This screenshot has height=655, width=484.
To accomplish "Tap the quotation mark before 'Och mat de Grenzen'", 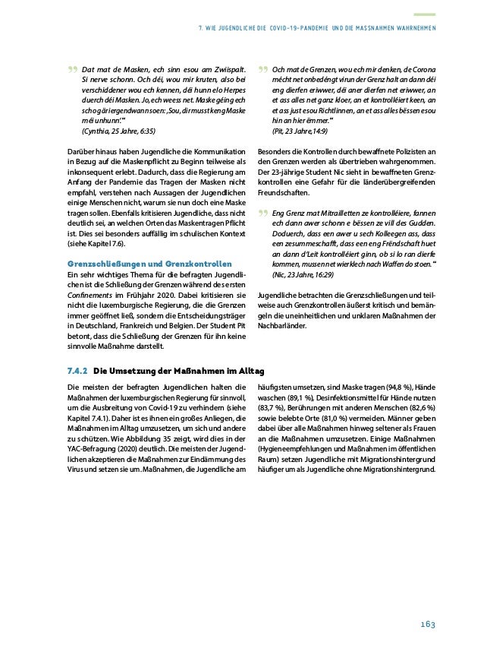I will tap(262, 71).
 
